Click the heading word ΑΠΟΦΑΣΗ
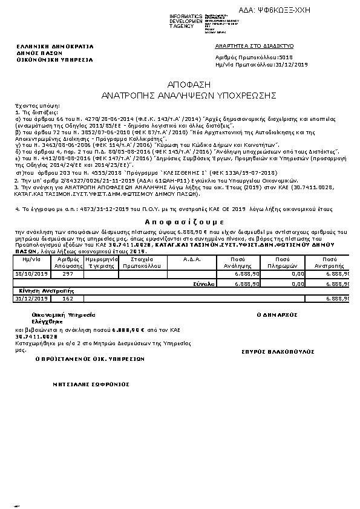(x=180, y=85)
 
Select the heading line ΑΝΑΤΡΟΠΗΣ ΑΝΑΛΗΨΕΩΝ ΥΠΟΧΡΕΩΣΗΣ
(x=180, y=96)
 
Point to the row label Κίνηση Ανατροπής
(x=39, y=290)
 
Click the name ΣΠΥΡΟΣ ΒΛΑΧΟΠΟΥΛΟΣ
(x=279, y=351)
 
